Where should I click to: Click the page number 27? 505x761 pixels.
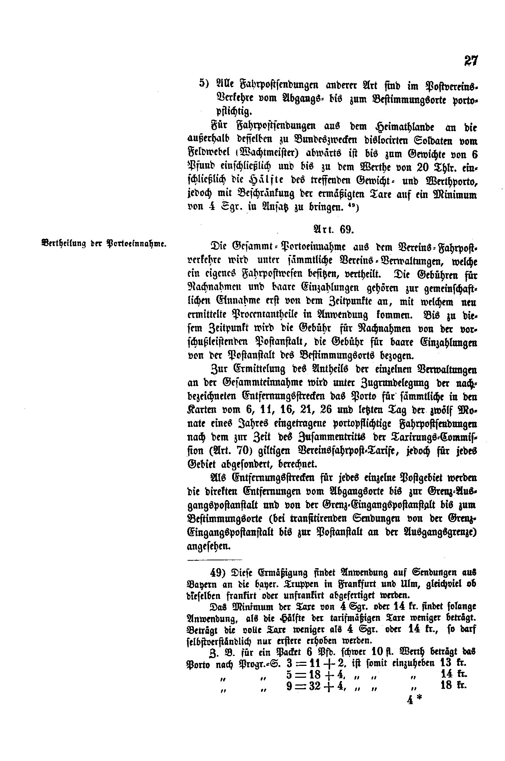coord(470,61)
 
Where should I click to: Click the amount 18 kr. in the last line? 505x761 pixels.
coord(453,685)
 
